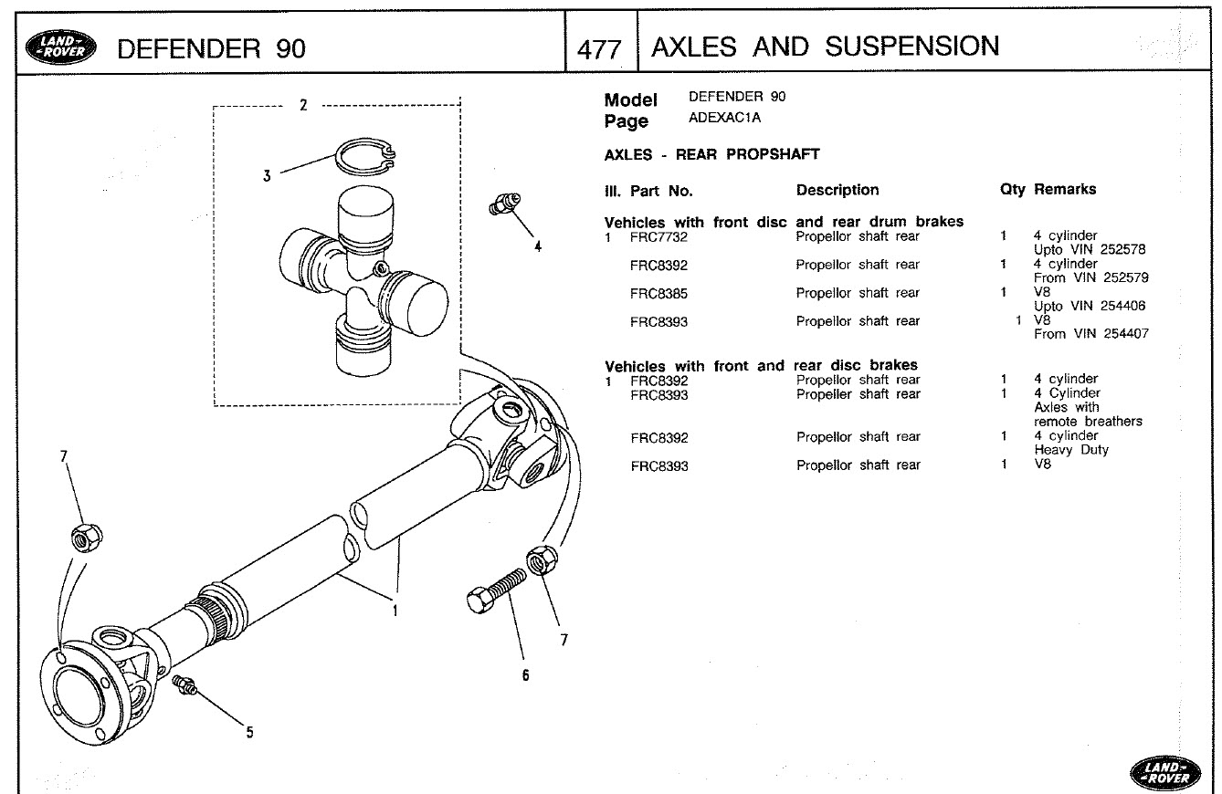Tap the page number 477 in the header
[x=599, y=48]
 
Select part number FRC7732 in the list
[x=658, y=237]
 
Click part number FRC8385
[x=658, y=294]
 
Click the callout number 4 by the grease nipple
[x=538, y=246]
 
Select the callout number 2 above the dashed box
[x=303, y=104]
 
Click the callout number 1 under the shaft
[x=395, y=611]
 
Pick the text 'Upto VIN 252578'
[x=1090, y=250]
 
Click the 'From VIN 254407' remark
[x=1090, y=335]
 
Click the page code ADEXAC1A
[x=724, y=119]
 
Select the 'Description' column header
[x=837, y=190]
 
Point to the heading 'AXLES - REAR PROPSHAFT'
[x=711, y=154]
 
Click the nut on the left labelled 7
[x=86, y=538]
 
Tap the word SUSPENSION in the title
[x=912, y=47]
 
